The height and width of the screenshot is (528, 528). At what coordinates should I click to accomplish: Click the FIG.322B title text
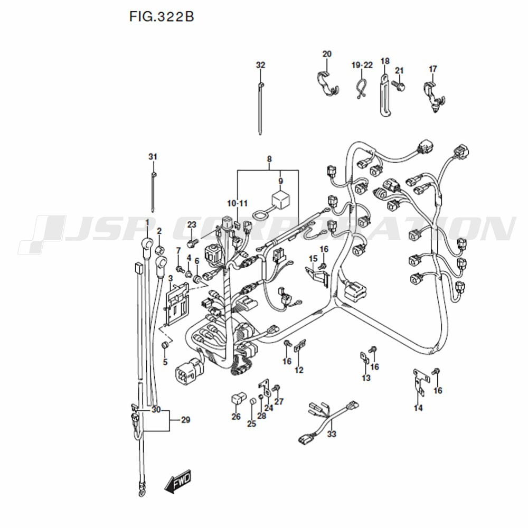pos(161,16)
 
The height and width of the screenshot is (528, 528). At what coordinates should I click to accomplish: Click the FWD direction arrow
pos(177,483)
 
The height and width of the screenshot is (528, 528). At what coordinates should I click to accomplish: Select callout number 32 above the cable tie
pos(260,65)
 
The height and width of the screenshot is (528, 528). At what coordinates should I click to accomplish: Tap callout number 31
pos(153,157)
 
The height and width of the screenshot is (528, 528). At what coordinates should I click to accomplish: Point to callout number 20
pos(327,54)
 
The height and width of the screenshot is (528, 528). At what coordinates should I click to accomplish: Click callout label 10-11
pos(237,203)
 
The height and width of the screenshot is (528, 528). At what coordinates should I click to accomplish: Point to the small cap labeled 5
pos(165,346)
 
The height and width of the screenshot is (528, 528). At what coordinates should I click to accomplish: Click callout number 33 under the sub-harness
pos(331,435)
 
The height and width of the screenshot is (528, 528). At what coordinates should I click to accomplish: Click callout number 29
pos(185,420)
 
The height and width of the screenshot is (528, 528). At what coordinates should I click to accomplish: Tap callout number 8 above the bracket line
pos(269,159)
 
